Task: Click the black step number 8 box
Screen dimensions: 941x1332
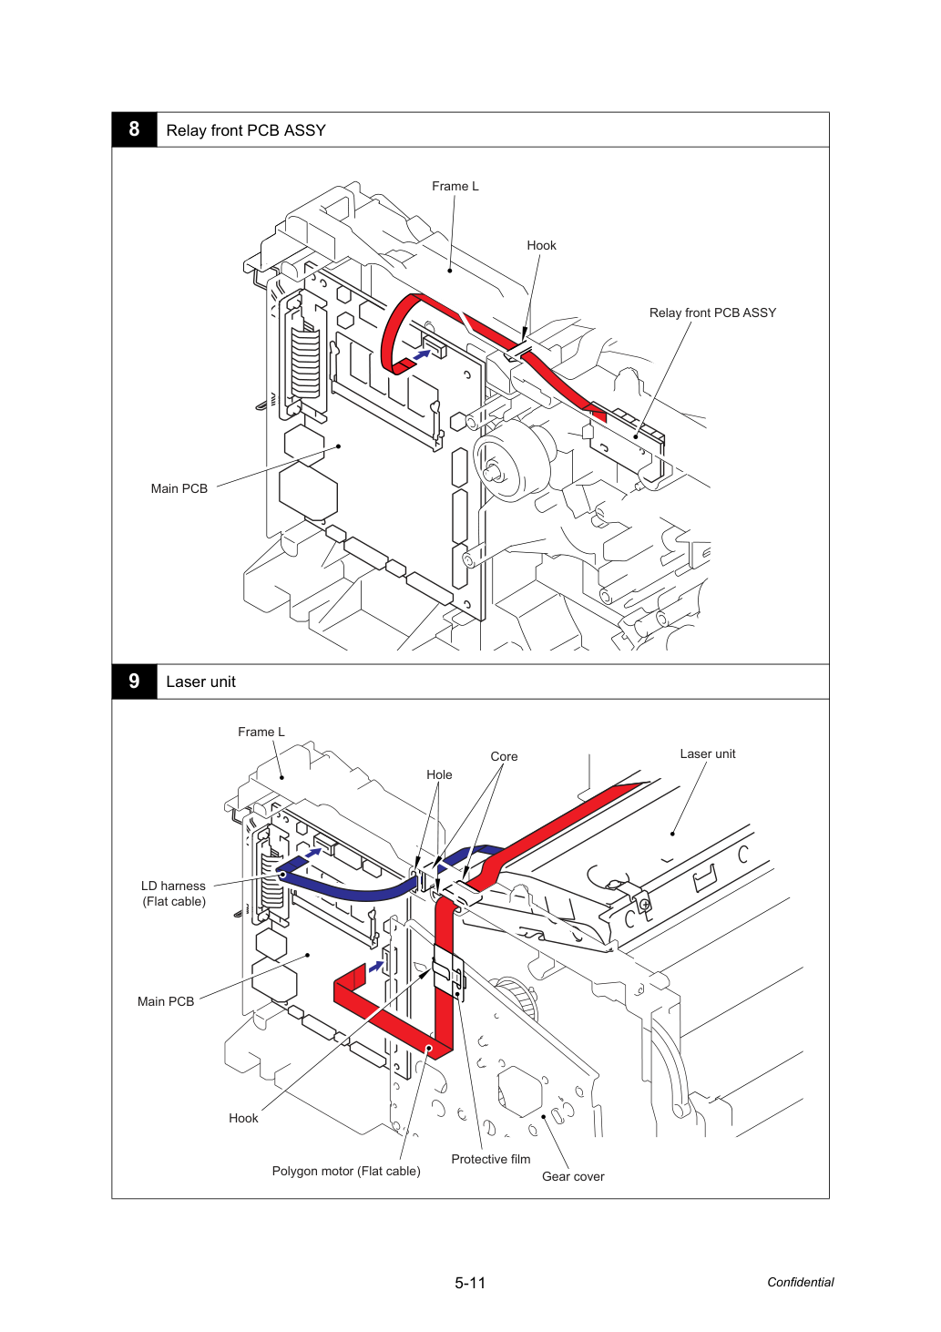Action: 134,129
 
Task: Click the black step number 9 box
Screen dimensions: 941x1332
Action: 134,681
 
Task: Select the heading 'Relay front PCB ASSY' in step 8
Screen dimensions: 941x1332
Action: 246,130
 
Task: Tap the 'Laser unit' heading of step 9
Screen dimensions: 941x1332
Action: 201,681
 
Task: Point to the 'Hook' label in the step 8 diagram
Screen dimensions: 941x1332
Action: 541,246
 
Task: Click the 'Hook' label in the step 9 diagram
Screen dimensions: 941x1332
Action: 244,1118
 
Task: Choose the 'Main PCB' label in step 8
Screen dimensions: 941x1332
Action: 179,488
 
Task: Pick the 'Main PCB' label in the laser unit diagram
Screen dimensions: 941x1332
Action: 166,1001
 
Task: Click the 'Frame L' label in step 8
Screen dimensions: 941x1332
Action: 455,186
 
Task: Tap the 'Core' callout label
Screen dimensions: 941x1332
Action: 504,756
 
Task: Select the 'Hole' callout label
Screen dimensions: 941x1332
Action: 439,774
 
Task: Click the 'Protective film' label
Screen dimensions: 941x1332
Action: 491,1159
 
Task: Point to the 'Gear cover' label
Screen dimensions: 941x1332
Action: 573,1176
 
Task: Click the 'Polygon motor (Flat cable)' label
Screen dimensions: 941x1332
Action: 346,1171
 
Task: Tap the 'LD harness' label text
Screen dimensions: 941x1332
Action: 174,886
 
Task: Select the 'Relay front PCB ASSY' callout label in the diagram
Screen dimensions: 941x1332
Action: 712,313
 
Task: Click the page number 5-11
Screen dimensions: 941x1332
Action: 470,1283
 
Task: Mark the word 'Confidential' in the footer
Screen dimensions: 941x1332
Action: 800,1282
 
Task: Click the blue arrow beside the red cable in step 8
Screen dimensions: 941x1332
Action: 422,354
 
